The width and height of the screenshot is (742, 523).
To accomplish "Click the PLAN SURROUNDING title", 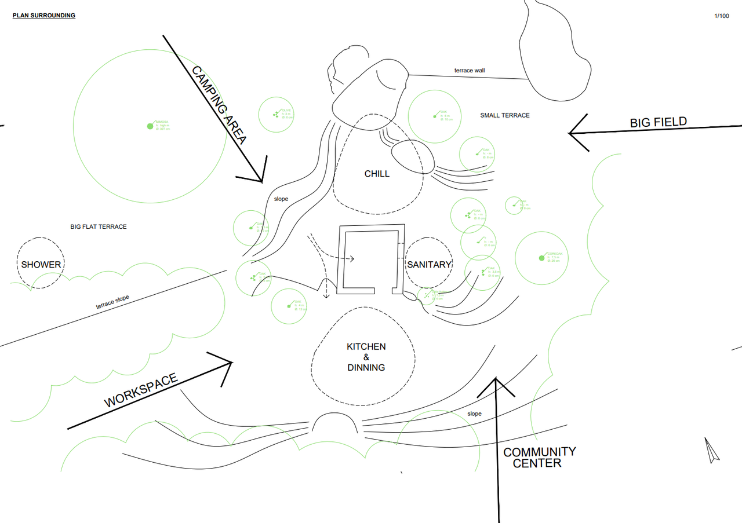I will pos(44,16).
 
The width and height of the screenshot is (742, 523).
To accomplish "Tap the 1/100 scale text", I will pos(722,16).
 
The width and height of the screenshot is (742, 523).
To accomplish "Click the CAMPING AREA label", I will pos(220,105).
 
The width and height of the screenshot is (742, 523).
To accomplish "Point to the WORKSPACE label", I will pos(141,391).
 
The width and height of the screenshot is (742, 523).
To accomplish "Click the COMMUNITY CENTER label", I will pos(539,457).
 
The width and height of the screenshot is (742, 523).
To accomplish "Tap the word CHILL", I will pos(377,174).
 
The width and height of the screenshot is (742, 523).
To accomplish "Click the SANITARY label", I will pos(429,265).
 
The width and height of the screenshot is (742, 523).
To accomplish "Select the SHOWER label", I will pos(41,265).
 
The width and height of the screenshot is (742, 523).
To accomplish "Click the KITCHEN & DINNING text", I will pos(366,357).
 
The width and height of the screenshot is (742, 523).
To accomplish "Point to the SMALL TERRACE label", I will pos(504,115).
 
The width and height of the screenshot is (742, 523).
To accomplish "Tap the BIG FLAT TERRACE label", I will pos(99,226).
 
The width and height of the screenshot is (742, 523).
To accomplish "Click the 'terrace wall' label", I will pos(470,71).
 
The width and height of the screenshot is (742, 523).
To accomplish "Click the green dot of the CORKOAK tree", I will pos(541,258).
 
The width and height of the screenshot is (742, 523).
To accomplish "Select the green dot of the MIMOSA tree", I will pos(150,126).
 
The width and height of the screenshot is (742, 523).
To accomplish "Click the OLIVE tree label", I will pos(287,110).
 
